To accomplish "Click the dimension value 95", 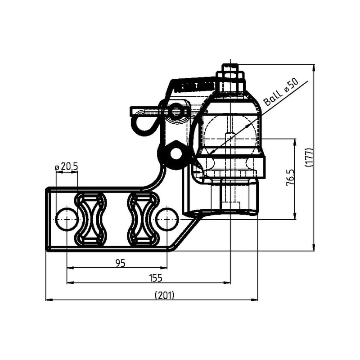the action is [x=120, y=263].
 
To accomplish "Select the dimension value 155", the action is [x=155, y=278].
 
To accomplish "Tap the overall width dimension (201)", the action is [x=165, y=295].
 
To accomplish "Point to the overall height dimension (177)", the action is [x=309, y=157].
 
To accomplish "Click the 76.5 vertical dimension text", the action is [x=290, y=178].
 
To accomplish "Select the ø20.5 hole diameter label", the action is [x=67, y=167].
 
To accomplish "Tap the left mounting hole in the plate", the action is [x=67, y=219].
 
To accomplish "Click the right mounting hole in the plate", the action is [x=167, y=219].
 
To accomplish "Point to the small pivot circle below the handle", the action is [x=175, y=154].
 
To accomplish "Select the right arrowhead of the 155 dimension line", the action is [x=227, y=283].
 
